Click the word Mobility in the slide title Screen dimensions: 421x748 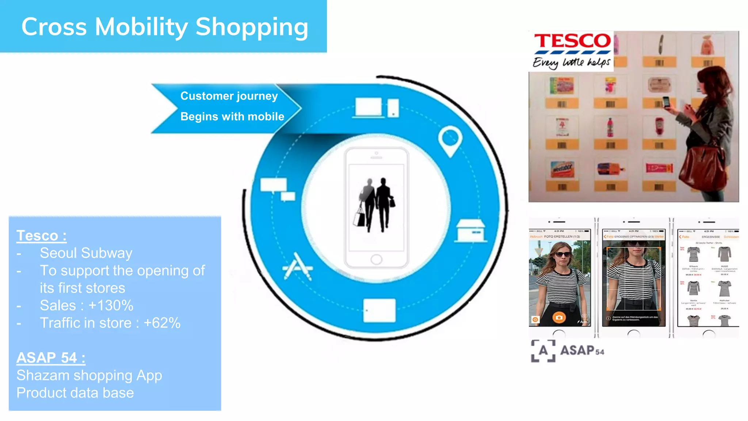141,27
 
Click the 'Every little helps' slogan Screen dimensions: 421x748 571,62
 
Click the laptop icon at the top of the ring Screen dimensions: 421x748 369,108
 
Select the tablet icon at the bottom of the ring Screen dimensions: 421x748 379,311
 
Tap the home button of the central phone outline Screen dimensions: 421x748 376,260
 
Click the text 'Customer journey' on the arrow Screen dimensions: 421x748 229,96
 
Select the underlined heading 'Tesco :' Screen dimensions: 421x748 41,236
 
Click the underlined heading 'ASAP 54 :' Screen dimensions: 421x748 51,358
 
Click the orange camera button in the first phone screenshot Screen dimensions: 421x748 559,317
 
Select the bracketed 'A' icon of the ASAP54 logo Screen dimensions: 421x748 543,350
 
